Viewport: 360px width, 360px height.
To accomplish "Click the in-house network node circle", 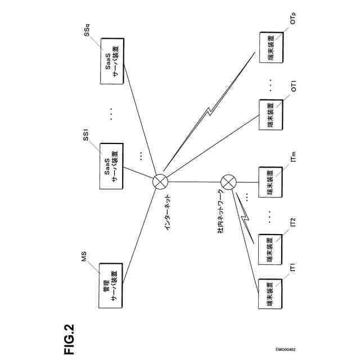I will pos(228,182).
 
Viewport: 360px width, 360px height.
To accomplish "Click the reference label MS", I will pos(84,259).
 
